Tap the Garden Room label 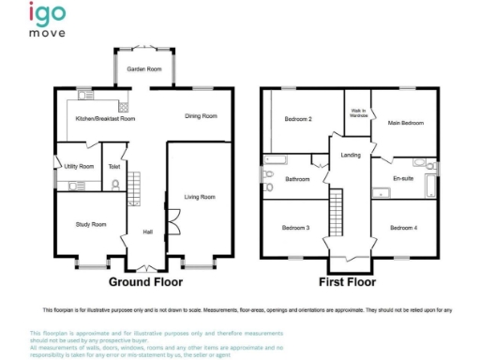pos(144,69)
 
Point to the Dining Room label pos(201,116)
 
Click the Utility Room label pos(79,166)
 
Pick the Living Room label pos(199,197)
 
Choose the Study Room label pos(91,224)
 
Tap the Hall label pos(146,232)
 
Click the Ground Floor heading pos(144,281)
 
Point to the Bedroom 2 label pos(297,119)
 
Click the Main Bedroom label pos(406,123)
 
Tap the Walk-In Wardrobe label pos(358,112)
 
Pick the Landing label pos(352,155)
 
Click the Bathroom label pos(297,179)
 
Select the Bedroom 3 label pos(294,228)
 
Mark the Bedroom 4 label pos(403,228)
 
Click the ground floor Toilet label pos(114,166)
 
